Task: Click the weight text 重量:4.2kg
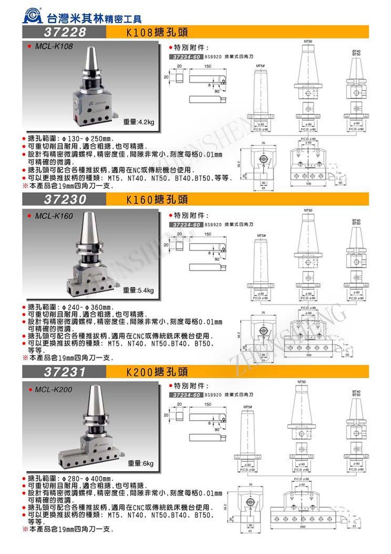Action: [138, 122]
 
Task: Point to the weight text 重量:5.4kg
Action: [138, 291]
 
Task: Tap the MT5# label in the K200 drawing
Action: [248, 406]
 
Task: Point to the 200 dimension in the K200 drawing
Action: [307, 525]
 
